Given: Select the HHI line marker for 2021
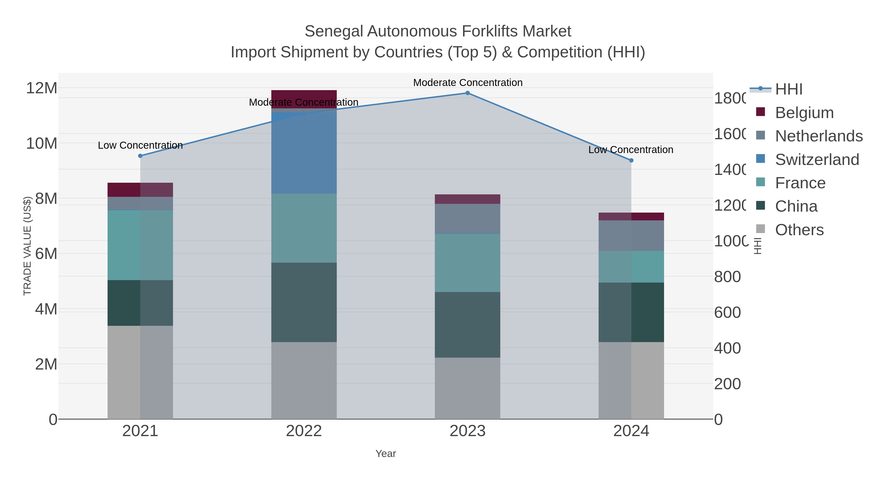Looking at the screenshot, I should click(140, 156).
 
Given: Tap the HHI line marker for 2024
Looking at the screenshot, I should click(631, 160).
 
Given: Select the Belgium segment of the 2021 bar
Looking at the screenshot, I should click(140, 190).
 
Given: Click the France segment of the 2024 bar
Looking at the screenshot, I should click(631, 267).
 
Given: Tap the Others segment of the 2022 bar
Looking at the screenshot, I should click(304, 380).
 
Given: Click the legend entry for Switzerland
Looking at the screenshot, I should click(817, 160).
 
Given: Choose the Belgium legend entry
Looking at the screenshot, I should click(804, 113).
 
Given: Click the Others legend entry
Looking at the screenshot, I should click(799, 230).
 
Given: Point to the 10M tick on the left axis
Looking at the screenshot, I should click(41, 144).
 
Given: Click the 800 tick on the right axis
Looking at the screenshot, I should click(727, 277).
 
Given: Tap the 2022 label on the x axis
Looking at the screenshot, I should click(304, 431).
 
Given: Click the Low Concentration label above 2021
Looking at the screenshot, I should click(140, 145).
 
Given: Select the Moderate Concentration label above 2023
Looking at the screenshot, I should click(468, 83).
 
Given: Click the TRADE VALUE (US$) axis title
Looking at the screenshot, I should click(27, 246).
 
